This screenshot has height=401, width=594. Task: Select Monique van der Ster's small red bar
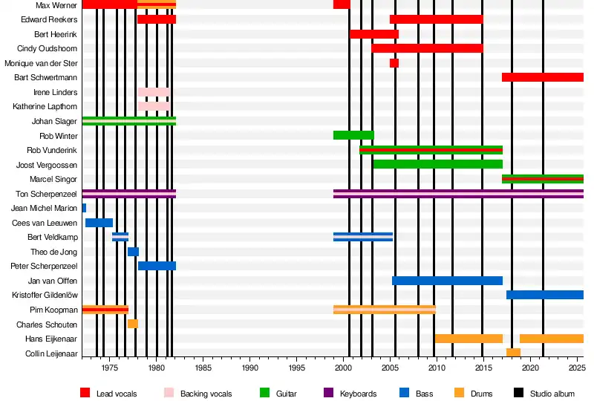pyautogui.click(x=394, y=63)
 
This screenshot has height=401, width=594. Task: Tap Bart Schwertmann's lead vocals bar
pyautogui.click(x=542, y=77)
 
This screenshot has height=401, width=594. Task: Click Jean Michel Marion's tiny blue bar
pyautogui.click(x=84, y=208)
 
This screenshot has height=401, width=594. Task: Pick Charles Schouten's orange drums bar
pyautogui.click(x=133, y=324)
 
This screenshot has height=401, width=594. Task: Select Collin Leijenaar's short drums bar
pyautogui.click(x=513, y=353)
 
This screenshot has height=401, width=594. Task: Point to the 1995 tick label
pyautogui.click(x=296, y=368)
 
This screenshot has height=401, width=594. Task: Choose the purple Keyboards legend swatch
pyautogui.click(x=329, y=393)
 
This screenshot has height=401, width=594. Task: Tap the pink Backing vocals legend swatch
pyautogui.click(x=169, y=393)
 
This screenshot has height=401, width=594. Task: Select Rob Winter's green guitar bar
pyautogui.click(x=353, y=135)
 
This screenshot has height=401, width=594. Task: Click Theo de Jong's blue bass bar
pyautogui.click(x=133, y=252)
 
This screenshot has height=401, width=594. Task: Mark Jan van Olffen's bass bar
pyautogui.click(x=447, y=281)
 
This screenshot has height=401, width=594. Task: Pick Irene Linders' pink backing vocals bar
pyautogui.click(x=153, y=92)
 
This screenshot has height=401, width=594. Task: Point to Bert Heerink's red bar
pyautogui.click(x=374, y=34)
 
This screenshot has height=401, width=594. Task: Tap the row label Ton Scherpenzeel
pyautogui.click(x=46, y=194)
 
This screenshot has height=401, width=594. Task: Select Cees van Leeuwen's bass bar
pyautogui.click(x=99, y=223)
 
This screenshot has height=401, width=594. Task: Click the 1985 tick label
pyautogui.click(x=203, y=368)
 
